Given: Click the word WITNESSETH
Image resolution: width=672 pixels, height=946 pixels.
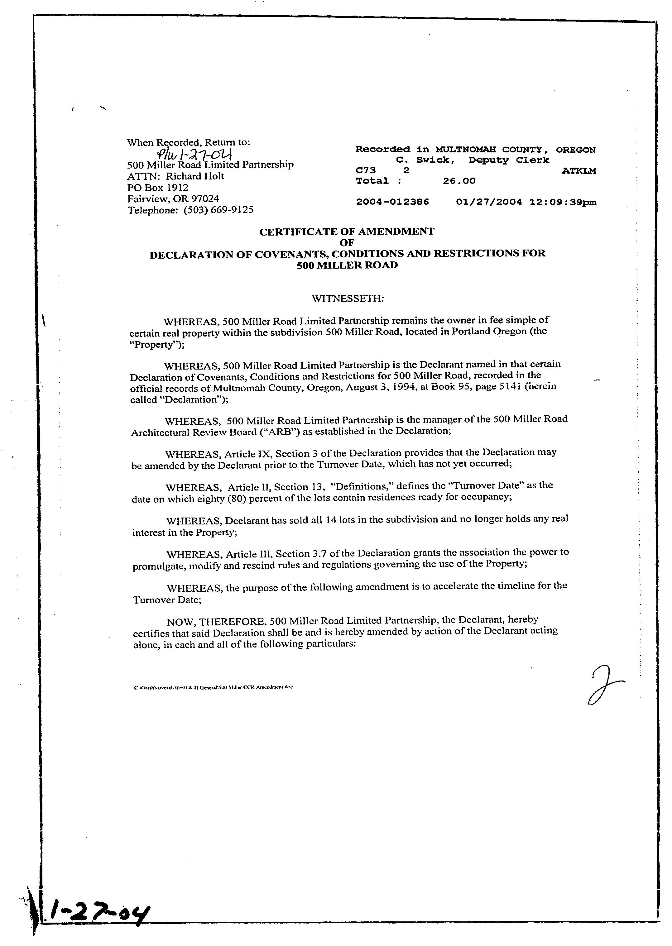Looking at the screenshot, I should [348, 298].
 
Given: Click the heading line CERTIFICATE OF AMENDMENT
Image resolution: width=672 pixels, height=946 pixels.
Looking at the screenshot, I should [347, 232].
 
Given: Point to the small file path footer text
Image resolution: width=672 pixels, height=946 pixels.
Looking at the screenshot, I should [213, 687].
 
